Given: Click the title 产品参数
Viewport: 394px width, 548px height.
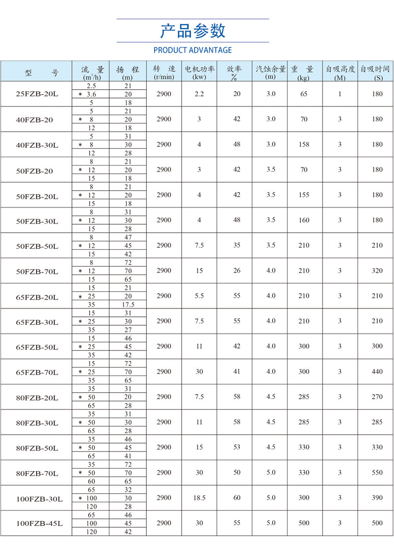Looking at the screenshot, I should point(193,31).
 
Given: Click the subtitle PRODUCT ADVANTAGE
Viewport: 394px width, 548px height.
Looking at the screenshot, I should point(193,50).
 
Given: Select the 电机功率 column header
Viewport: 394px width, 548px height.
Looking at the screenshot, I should point(199,72).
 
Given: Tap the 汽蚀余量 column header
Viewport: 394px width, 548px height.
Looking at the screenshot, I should point(270,72).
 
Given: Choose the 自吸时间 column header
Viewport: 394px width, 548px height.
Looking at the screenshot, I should point(375,72).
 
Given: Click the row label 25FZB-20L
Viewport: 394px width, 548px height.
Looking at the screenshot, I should point(37,94).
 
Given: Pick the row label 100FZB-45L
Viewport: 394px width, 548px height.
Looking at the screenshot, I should point(39,523).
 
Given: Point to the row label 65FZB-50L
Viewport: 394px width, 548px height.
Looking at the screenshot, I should point(37,347).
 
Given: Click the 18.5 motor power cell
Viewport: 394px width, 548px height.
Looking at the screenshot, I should point(199,498).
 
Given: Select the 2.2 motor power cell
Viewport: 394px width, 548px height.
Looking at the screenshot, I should point(199,94).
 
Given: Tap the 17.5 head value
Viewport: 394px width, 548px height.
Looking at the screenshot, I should point(128,305).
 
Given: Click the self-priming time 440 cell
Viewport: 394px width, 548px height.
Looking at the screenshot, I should point(377,372).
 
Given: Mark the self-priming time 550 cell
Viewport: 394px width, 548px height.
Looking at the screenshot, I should point(377,473).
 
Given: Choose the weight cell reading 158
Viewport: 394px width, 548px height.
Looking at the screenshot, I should point(304,144).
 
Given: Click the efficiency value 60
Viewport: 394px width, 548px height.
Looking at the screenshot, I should point(237,498).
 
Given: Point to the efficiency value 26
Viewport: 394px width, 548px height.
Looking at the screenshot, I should point(237,271).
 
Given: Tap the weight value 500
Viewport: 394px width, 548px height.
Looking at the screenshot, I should point(304,523).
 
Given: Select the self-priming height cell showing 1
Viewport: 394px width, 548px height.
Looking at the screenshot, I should point(340,94).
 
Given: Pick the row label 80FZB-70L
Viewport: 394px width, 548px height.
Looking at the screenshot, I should point(37,473).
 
